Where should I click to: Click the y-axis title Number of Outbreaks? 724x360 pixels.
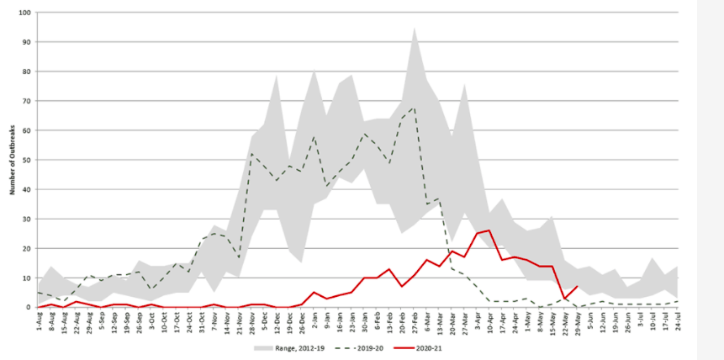coord(13,160)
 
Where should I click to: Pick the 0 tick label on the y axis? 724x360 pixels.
coord(28,307)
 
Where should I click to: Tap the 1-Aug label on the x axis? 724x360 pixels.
coord(39,321)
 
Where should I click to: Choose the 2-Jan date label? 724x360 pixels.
coord(314,321)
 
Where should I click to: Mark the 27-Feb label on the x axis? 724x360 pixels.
coord(415,321)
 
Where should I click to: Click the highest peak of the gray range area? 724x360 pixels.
coord(415,28)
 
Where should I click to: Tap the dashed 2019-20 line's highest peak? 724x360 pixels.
coord(415,107)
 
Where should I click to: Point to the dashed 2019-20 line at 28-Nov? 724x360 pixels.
coord(252,153)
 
